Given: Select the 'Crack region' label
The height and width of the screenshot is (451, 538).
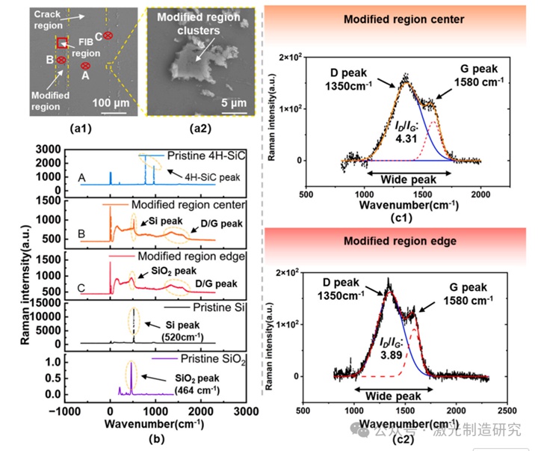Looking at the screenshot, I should (x=47, y=20).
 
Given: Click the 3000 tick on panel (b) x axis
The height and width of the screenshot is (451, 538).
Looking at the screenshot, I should (x=244, y=410).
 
